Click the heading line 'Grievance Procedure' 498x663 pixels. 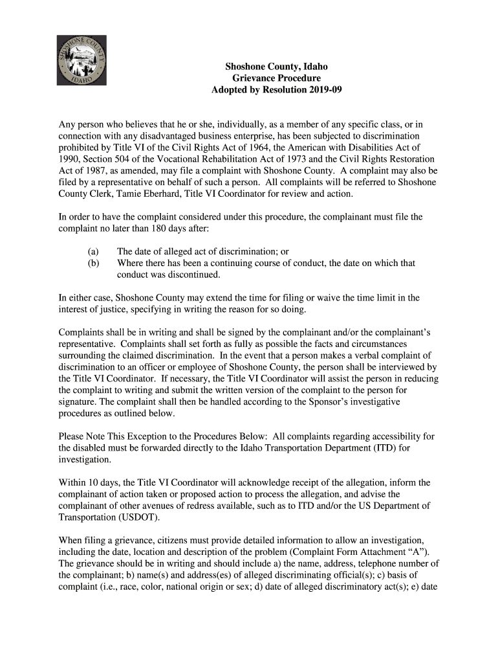click(x=276, y=78)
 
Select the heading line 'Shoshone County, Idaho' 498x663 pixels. click(x=276, y=66)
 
